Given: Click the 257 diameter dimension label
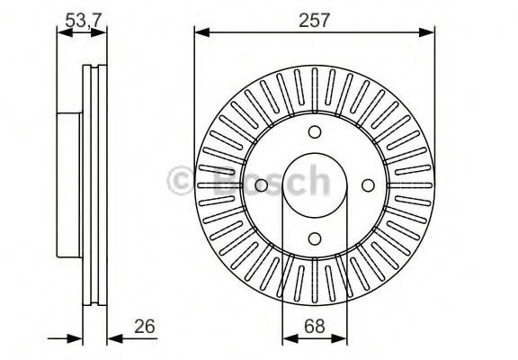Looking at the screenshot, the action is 314,21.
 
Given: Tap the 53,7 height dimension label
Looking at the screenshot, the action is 82,21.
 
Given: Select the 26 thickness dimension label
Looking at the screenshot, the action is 145,327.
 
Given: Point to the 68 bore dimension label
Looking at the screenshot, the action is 315,327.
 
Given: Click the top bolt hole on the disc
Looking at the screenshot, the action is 315,132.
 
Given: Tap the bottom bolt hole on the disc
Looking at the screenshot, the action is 315,238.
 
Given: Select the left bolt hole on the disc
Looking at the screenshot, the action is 261,185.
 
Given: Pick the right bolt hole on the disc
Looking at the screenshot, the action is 368,185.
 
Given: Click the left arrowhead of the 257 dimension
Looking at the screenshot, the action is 202,32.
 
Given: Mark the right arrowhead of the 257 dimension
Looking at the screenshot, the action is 427,32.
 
